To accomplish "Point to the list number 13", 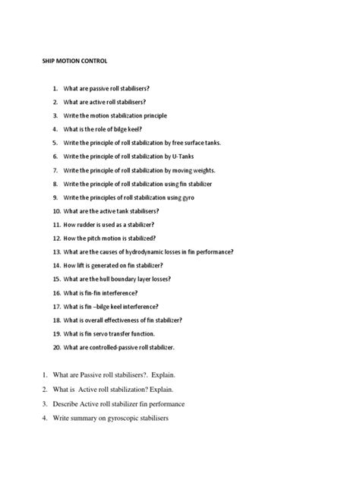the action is point(55,251).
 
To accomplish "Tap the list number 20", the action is point(55,347).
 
